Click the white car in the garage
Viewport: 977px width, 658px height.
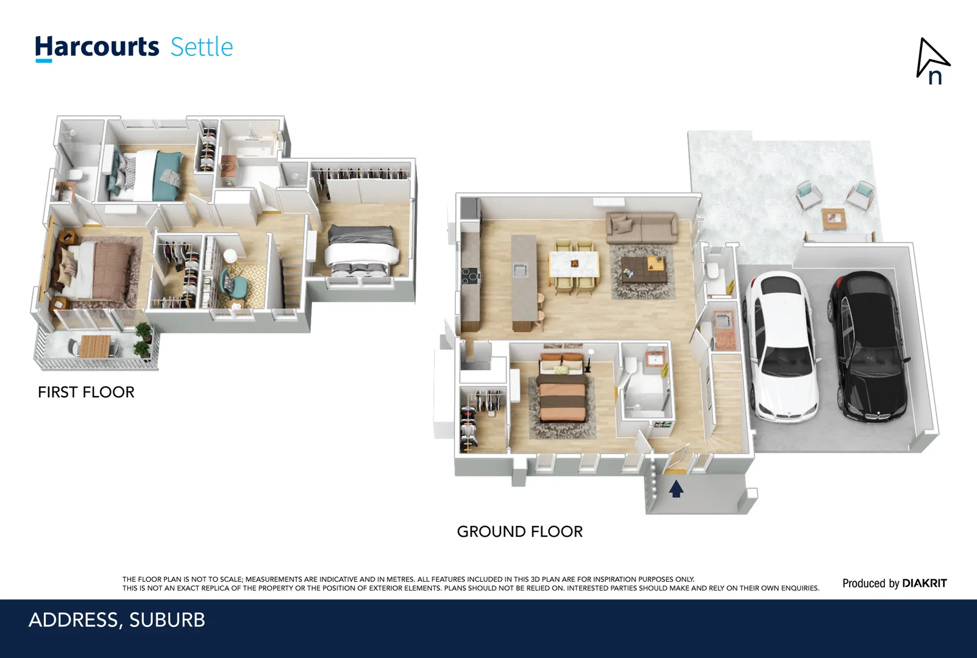(x=783, y=347)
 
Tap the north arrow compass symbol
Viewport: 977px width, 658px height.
(x=932, y=61)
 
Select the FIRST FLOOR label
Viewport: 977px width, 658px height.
(x=86, y=392)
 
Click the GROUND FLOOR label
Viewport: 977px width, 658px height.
(x=519, y=532)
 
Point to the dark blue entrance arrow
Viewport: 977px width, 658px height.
(x=675, y=489)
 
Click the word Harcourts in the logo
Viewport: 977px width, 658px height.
(x=97, y=48)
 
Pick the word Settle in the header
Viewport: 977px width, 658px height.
(x=202, y=48)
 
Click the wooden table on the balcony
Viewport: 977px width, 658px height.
(x=95, y=345)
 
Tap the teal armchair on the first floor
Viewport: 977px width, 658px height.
(x=235, y=284)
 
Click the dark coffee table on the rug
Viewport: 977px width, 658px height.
(x=642, y=268)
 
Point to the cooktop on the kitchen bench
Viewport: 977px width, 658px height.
(x=469, y=276)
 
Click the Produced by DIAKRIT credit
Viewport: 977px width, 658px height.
(x=894, y=584)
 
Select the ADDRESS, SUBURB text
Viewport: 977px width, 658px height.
(x=117, y=620)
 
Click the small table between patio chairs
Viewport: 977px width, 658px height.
(x=833, y=218)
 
